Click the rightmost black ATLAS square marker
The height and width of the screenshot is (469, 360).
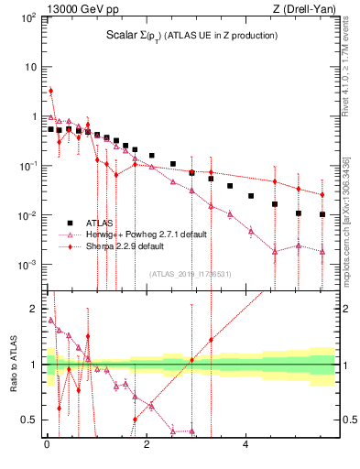coord(322,214)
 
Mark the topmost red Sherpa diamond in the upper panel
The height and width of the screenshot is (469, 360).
coord(50,91)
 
